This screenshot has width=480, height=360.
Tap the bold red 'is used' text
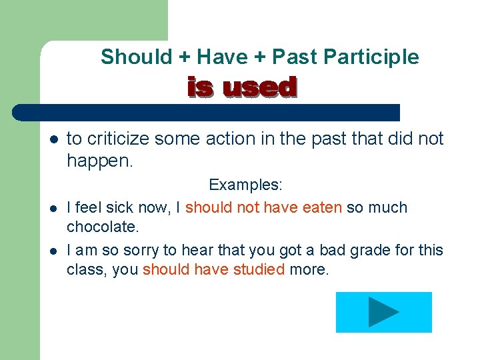pos(241,87)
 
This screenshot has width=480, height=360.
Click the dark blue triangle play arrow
pos(383,312)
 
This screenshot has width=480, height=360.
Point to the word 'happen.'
pos(100,160)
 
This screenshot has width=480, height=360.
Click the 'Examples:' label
pos(245,185)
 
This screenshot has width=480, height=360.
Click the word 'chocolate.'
pos(103,227)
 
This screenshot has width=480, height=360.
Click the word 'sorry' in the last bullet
pos(139,250)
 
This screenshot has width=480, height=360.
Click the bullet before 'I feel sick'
pos(54,208)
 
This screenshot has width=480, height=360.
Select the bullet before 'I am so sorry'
pos(54,251)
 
